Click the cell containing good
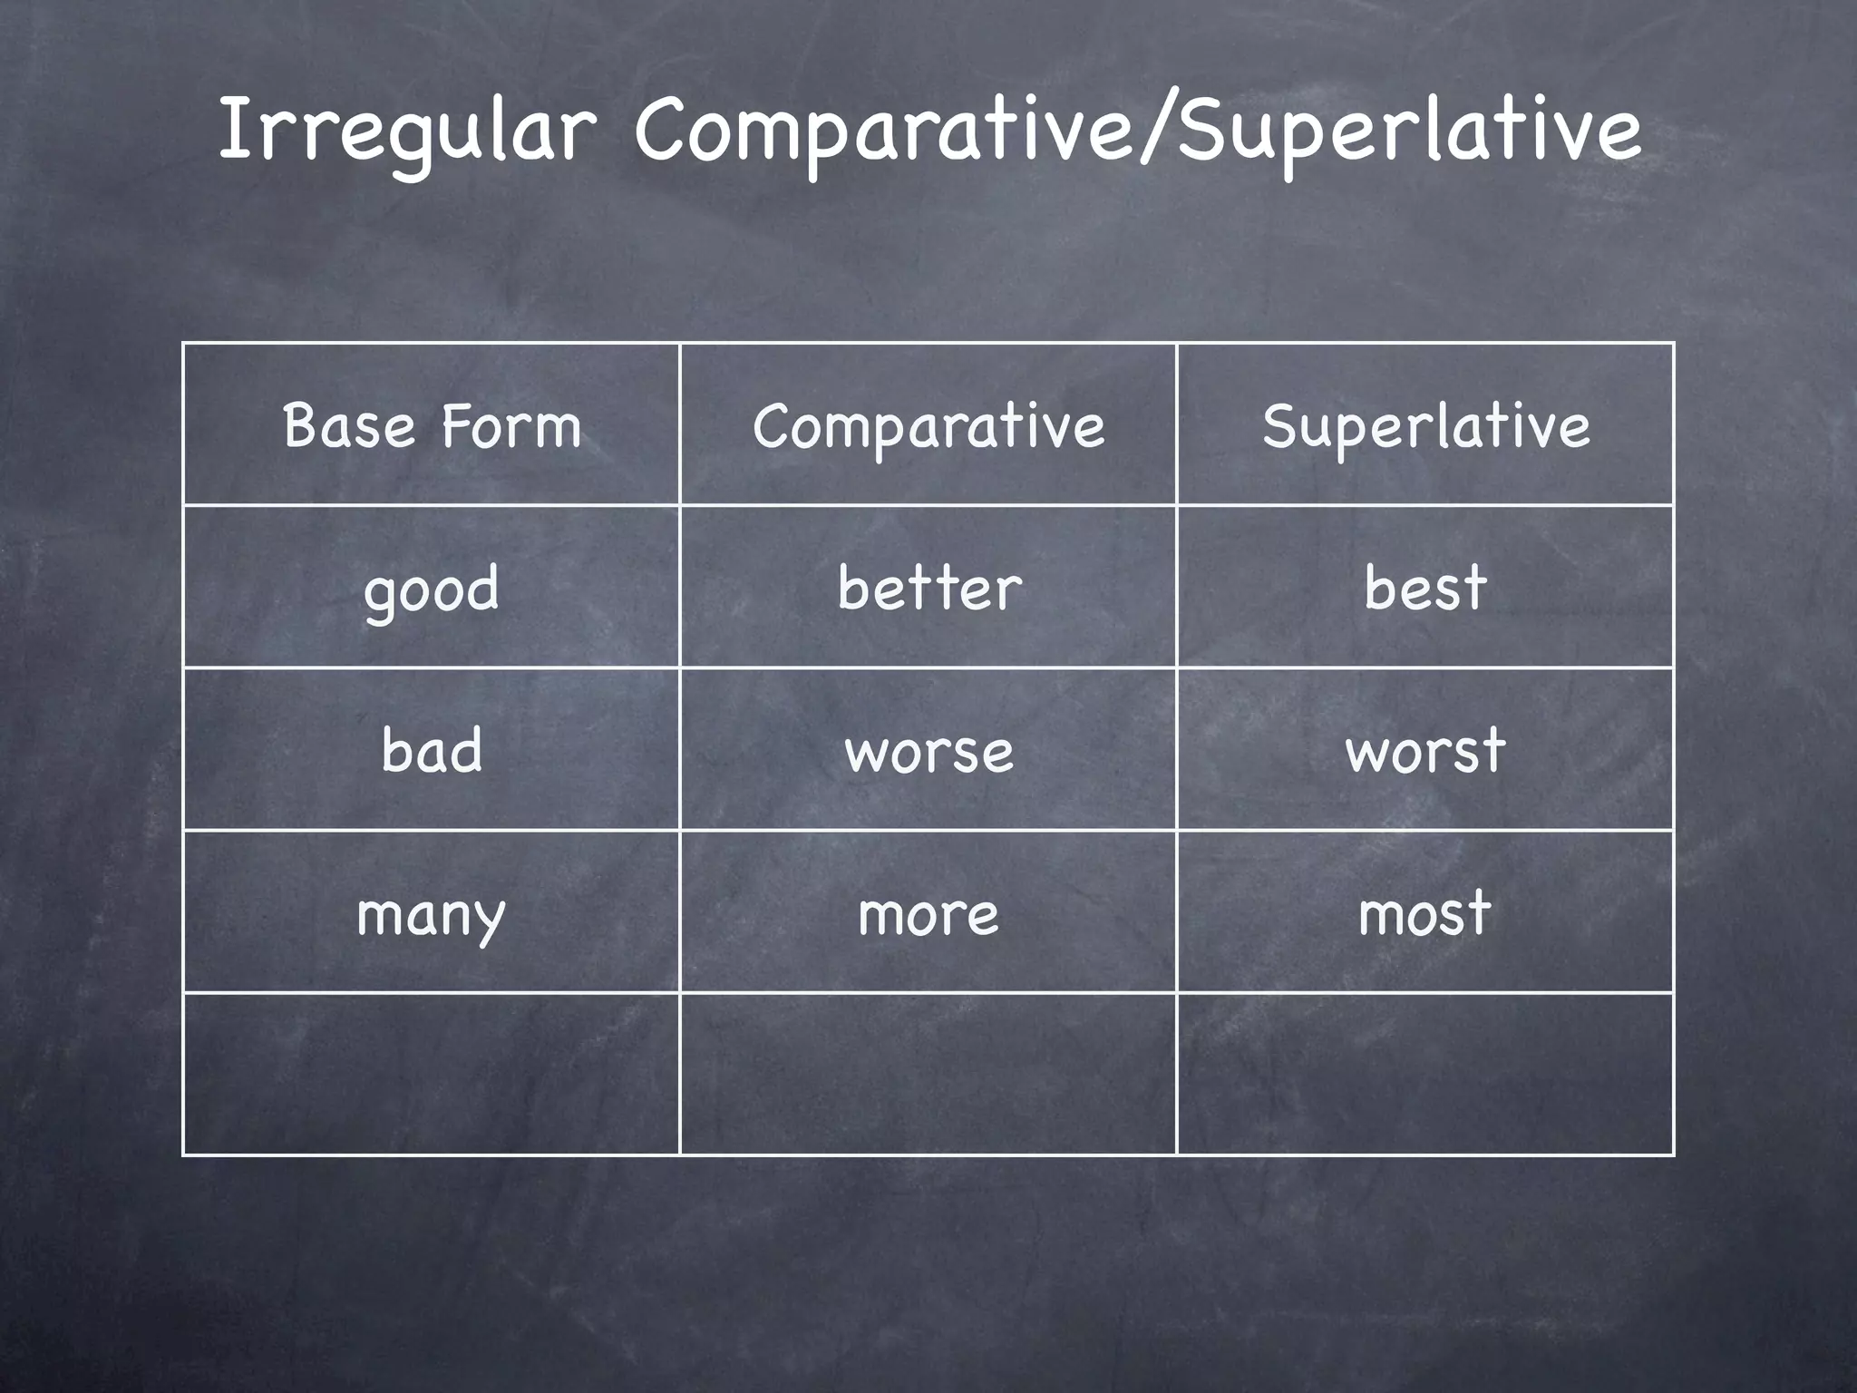(x=432, y=588)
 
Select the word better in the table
(x=928, y=588)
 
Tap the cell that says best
(x=1425, y=588)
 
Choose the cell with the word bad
(x=432, y=750)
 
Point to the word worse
(x=928, y=751)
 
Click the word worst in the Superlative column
(x=1425, y=750)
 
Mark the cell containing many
(x=432, y=913)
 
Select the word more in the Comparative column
(x=928, y=913)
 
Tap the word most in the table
(x=1425, y=913)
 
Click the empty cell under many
(x=432, y=1074)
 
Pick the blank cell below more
(x=928, y=1074)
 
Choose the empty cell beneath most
(x=1425, y=1074)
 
